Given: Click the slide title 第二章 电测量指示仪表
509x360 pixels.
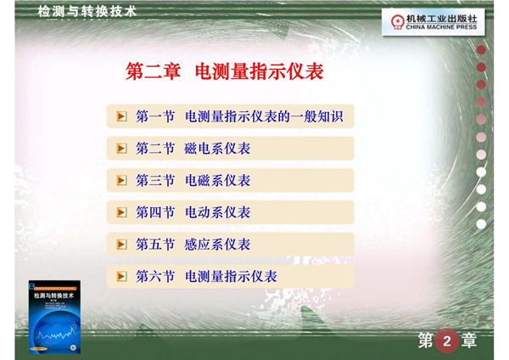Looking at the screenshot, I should click(225, 70).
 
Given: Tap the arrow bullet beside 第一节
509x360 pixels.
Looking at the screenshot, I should click(121, 116).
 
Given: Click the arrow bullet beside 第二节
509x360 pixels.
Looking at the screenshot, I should click(121, 149).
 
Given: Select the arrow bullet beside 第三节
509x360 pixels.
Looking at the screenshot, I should click(121, 181).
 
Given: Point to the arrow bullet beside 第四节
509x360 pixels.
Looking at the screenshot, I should click(121, 212).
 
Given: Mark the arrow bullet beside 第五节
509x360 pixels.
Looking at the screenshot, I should click(121, 245).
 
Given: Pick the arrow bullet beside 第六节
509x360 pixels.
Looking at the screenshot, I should click(121, 277).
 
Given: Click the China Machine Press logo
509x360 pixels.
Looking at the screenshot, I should click(433, 21).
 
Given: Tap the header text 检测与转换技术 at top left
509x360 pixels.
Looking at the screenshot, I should click(87, 11).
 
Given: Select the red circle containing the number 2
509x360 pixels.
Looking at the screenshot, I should click(446, 341).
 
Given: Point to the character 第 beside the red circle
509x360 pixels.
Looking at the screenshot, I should click(426, 341).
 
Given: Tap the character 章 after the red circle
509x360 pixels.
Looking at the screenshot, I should click(468, 341).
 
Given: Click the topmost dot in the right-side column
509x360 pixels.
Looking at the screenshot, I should click(481, 48).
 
